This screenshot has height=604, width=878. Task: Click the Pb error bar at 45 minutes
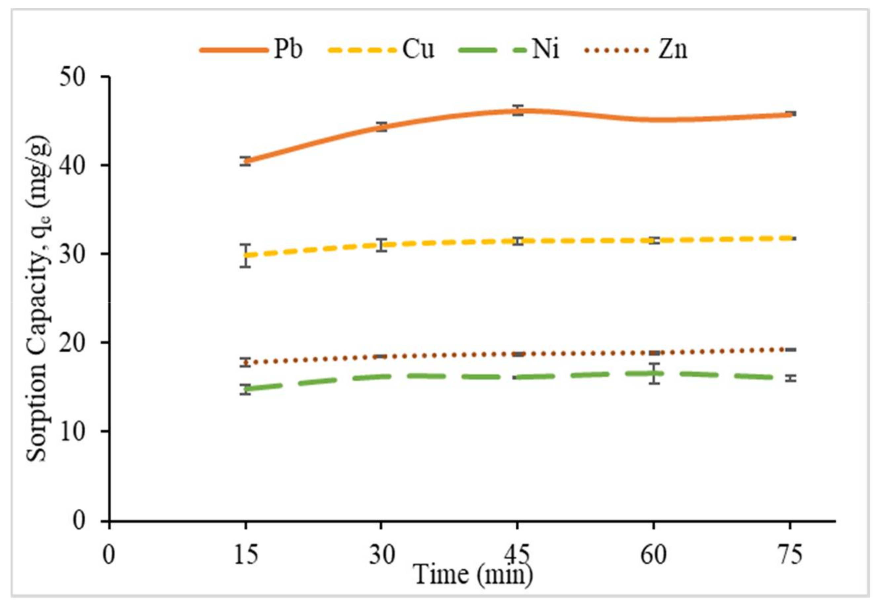[518, 110]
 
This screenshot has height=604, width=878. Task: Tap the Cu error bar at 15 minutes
[246, 256]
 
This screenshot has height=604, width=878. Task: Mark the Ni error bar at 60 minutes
[654, 373]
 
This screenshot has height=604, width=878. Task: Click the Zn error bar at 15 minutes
[246, 362]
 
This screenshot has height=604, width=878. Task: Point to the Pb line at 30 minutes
[381, 127]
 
